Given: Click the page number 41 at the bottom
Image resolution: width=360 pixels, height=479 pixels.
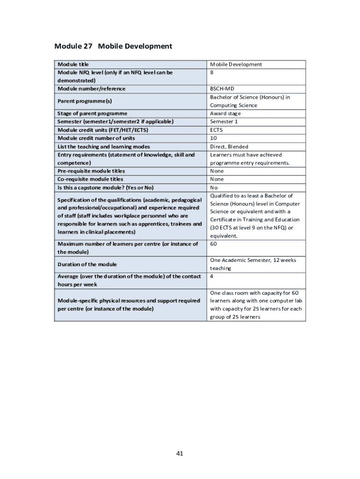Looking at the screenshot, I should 180,453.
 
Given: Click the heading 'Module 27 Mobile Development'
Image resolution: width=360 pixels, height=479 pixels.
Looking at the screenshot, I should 113,46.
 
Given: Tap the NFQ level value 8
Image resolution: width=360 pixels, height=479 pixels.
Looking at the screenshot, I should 212,73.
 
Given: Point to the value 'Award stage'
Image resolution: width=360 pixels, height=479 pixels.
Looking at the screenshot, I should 225,114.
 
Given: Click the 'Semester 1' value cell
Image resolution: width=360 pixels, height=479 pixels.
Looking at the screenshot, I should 224,122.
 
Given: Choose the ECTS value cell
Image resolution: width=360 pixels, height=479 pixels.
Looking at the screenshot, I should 216,130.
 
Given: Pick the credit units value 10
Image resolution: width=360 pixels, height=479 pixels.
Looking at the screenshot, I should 213,138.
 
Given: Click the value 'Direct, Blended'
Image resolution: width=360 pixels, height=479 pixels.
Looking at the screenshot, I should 229,146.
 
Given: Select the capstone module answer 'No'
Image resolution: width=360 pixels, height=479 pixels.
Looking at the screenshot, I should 214,188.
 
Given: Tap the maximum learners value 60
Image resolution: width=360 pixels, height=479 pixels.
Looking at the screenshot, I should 213,244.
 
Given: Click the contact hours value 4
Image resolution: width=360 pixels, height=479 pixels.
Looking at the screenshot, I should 212,276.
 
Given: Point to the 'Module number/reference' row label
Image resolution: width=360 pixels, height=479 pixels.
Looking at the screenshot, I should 91,89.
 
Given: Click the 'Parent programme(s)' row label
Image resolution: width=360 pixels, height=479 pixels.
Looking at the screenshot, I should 85,101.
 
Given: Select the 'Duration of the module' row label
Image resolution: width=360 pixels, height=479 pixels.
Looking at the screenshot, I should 87,264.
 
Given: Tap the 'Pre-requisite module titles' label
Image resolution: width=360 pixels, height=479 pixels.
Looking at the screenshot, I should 91,171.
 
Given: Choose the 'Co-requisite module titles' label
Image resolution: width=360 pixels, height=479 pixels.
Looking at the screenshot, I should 90,179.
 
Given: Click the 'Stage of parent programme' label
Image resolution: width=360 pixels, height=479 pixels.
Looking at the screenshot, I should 92,114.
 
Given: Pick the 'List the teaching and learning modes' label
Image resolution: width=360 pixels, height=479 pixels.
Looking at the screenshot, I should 104,146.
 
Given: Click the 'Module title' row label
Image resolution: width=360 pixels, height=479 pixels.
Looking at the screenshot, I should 73,64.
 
